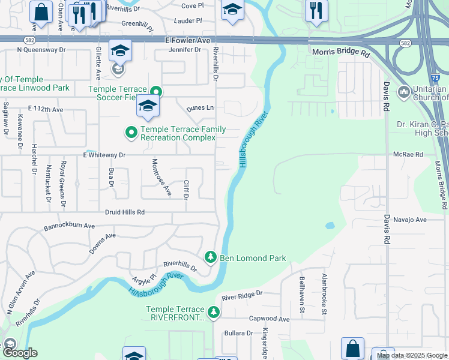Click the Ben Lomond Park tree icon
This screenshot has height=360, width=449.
tap(210, 257)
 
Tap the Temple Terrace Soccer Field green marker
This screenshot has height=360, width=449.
tap(156, 92)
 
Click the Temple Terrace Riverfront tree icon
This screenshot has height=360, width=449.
tap(213, 312)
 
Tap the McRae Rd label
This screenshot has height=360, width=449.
tap(409, 154)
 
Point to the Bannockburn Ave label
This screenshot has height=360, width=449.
tap(70, 227)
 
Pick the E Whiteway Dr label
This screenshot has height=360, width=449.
tap(104, 155)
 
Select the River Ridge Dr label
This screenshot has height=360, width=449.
tap(243, 295)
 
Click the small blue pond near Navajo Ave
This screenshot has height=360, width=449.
tap(330, 226)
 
